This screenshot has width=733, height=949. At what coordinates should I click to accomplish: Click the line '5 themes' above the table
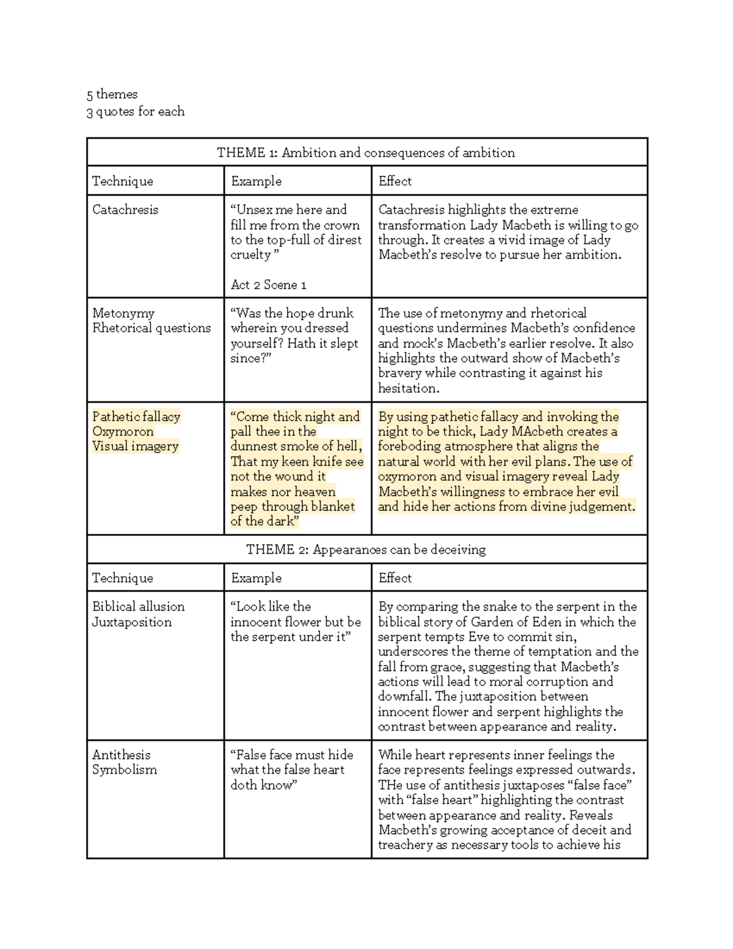[x=112, y=94]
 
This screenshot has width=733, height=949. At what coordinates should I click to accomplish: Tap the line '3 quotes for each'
[x=135, y=111]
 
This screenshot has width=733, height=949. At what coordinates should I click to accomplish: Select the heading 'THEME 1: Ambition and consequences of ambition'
[x=366, y=152]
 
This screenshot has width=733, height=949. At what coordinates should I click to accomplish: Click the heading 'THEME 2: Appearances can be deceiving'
[x=366, y=549]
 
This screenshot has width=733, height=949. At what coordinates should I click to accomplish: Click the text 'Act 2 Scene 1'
[x=268, y=285]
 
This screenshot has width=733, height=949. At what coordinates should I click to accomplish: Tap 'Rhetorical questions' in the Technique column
[x=151, y=328]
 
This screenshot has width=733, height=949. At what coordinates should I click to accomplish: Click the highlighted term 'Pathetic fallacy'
[x=136, y=417]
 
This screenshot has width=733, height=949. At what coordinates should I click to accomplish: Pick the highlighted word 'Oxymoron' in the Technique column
[x=123, y=431]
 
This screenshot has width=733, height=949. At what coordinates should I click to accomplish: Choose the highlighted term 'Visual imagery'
[x=135, y=446]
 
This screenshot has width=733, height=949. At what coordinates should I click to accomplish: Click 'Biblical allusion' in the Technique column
[x=138, y=607]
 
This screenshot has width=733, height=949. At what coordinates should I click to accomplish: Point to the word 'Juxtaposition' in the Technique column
[x=132, y=622]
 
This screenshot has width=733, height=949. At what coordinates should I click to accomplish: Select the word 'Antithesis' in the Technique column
[x=121, y=755]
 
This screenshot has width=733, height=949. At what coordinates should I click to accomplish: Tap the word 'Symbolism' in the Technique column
[x=125, y=770]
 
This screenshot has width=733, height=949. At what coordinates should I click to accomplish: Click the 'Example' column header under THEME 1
[x=256, y=181]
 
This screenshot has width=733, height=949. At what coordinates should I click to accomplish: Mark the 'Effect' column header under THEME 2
[x=395, y=577]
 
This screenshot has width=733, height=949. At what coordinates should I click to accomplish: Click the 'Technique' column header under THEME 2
[x=123, y=578]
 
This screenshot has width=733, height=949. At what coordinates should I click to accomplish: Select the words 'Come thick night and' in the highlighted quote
[x=295, y=417]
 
